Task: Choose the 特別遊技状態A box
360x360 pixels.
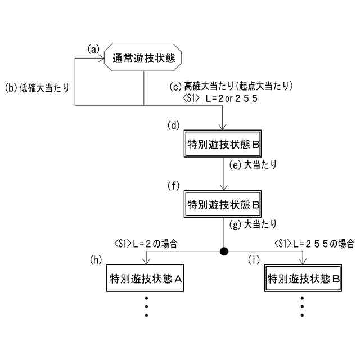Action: pos(146,278)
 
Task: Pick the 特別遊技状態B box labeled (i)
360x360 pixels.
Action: pos(303,278)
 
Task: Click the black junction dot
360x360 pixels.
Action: pos(224,250)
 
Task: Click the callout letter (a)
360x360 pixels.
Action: pos(93,48)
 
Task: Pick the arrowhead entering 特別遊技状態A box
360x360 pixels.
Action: pos(146,262)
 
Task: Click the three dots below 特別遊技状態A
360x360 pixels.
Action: pos(146,306)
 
